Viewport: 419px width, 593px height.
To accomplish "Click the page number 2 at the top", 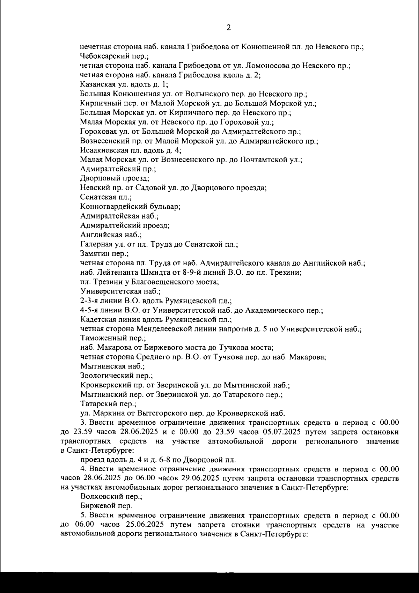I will coord(229,28).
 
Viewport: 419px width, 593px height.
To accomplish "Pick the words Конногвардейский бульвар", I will coord(130,207).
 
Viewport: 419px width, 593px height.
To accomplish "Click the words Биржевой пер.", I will coord(106,506).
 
